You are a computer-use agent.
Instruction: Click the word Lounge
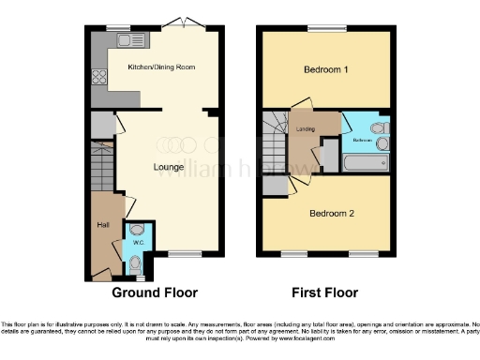(x=169, y=167)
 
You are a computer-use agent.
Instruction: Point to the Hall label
(x=102, y=225)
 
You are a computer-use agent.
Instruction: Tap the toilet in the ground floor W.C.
(x=138, y=228)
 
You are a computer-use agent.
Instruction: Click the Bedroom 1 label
(x=324, y=70)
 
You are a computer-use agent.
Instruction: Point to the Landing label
(x=305, y=130)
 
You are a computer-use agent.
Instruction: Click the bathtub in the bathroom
(x=364, y=163)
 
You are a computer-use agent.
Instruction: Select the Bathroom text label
(x=363, y=140)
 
